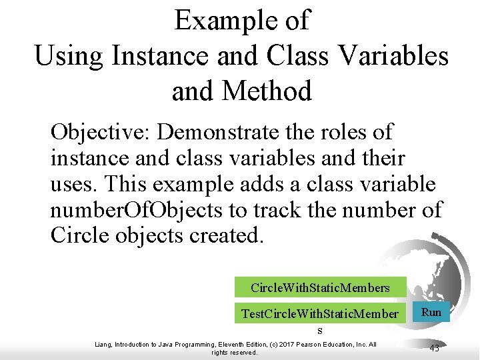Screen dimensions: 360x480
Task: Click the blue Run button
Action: click(431, 312)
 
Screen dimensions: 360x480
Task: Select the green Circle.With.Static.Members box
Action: click(320, 287)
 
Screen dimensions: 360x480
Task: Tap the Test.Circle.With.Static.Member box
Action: click(320, 313)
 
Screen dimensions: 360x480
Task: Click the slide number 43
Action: click(434, 348)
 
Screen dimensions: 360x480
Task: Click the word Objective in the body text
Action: click(100, 132)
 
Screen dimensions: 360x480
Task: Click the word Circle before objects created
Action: click(76, 237)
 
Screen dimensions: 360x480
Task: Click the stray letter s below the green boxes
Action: click(320, 330)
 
